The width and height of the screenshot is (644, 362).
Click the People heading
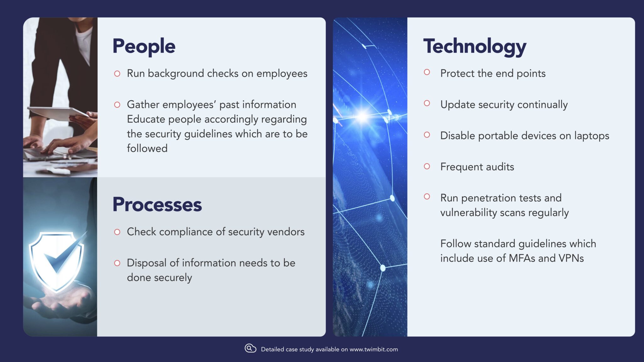(x=144, y=47)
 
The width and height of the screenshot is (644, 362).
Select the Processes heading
(x=157, y=205)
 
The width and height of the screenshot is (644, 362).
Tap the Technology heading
(x=475, y=47)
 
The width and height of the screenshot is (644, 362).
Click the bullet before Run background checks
(x=117, y=74)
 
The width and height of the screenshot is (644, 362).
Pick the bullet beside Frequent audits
(x=427, y=166)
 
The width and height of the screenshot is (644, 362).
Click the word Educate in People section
(x=146, y=120)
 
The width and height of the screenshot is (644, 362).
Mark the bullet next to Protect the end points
(x=427, y=72)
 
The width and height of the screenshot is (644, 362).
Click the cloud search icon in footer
(x=250, y=348)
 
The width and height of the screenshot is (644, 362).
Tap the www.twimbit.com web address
(x=374, y=349)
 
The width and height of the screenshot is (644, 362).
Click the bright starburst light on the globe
(x=363, y=116)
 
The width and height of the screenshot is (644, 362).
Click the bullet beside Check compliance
(x=117, y=232)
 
